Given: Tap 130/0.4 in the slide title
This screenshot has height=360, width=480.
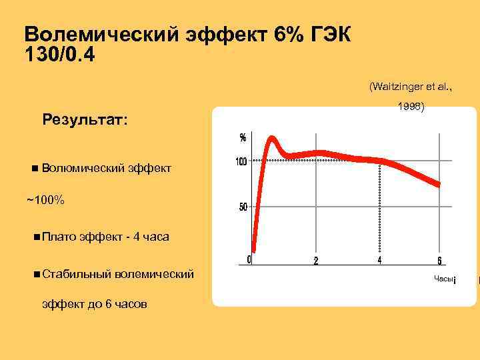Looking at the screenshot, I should [59, 56].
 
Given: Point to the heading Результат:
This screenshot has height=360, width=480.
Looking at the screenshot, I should [85, 120].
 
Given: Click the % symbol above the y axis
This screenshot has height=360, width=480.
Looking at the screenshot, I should [243, 138].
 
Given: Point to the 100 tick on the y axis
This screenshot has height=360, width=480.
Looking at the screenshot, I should [241, 161].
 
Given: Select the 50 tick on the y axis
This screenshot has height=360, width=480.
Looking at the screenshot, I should [243, 207].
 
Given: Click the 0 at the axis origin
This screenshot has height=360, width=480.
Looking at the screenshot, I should [249, 259].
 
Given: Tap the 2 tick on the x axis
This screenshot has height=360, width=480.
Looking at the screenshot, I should [316, 261].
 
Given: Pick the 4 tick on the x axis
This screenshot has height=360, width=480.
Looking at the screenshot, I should [379, 260].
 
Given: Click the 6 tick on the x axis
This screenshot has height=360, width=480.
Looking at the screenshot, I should [440, 261].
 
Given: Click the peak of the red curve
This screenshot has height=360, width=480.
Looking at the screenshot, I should [272, 139].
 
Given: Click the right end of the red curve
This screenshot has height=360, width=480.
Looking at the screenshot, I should [438, 184].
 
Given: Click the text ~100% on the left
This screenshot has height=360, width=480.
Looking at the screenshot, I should [46, 200].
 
